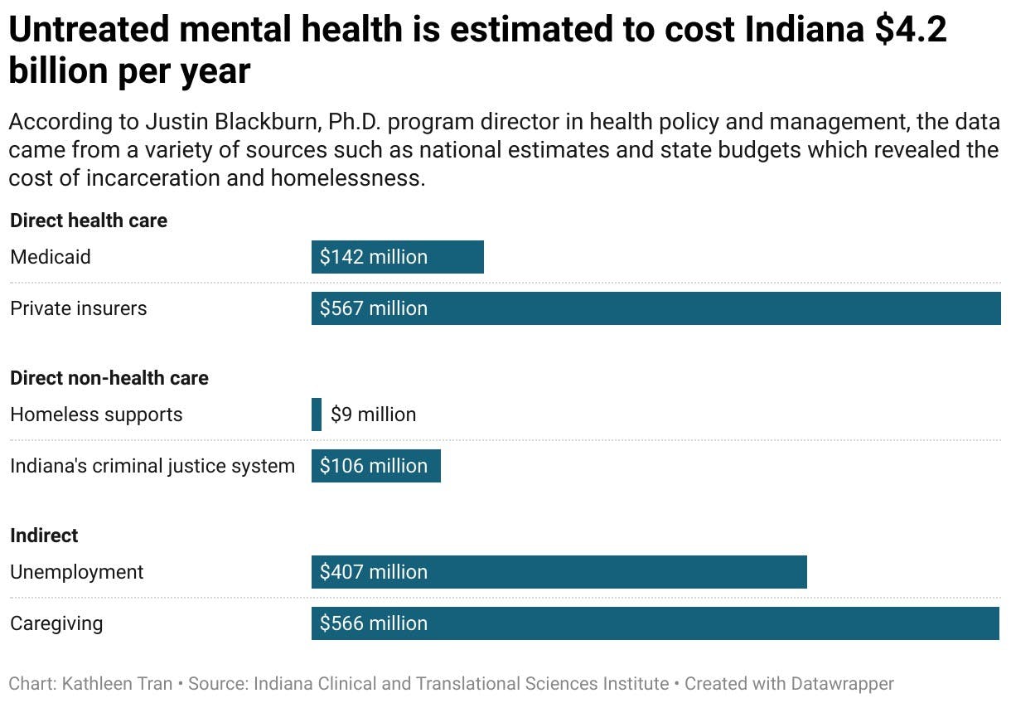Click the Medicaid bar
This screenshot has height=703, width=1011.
point(398,257)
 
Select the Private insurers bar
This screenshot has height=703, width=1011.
point(655,308)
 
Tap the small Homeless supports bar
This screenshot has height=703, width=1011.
point(317,415)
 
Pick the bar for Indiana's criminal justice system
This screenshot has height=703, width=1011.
point(376,466)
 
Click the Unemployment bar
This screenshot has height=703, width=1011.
point(559,572)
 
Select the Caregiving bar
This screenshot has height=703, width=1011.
point(655,623)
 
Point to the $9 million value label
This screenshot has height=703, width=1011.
point(373,415)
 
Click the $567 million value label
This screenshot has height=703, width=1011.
point(374,308)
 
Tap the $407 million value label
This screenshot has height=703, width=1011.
point(374,572)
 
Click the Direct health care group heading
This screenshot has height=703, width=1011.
point(89,221)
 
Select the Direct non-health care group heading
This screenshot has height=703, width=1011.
point(109,378)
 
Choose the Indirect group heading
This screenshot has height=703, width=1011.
point(44,536)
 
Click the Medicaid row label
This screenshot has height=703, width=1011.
point(51,257)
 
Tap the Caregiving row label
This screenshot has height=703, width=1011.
point(56,623)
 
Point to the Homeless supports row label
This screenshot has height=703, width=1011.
point(96,415)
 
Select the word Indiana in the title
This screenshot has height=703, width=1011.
point(798,31)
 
